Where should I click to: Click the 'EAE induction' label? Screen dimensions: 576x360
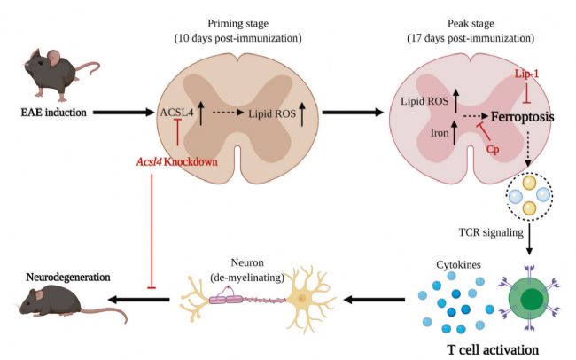pos(54,112)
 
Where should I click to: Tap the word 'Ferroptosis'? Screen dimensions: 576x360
pos(522,117)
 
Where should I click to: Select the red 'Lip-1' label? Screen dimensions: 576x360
pos(526,74)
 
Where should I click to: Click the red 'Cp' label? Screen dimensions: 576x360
pos(493,149)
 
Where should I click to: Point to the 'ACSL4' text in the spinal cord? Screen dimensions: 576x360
pos(176,113)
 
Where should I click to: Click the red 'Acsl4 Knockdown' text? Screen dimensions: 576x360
pos(176,161)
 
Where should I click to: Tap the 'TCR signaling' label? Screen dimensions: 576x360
pos(491,232)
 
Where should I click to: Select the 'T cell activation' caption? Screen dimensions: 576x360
pos(493,349)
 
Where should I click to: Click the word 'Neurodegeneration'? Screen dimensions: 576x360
pos(68,277)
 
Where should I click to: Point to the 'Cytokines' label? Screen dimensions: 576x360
pos(458,264)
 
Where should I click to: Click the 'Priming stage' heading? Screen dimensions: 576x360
pos(238,24)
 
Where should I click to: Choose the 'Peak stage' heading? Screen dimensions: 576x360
pos(471,24)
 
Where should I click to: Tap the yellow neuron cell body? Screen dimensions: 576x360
pos(302,298)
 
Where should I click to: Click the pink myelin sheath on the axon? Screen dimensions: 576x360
pos(226,300)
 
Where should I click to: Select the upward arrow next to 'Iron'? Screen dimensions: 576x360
pos(455,132)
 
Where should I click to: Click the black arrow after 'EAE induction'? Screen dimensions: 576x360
pos(123,112)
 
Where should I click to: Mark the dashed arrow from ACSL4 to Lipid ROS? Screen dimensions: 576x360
pos(228,113)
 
